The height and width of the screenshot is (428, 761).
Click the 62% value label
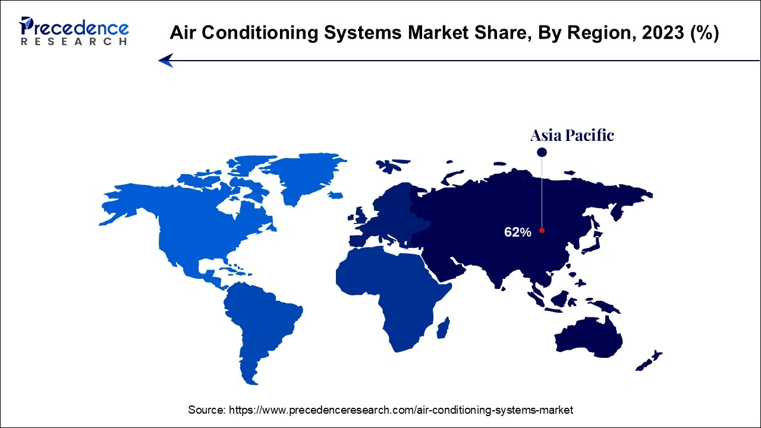point(517,232)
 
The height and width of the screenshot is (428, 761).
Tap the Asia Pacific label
point(572,136)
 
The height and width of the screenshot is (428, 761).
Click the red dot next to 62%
point(542,231)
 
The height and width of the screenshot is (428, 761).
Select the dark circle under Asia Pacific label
point(542,153)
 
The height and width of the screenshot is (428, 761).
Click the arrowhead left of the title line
point(165,60)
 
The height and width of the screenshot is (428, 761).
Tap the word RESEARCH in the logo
point(74,42)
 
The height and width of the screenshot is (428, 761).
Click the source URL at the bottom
point(401,410)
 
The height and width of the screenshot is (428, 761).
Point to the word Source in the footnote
point(206,410)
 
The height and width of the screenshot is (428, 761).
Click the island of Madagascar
point(444,328)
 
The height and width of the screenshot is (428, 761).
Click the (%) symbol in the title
point(705,33)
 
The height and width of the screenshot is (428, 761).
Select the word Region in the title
point(588,33)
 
